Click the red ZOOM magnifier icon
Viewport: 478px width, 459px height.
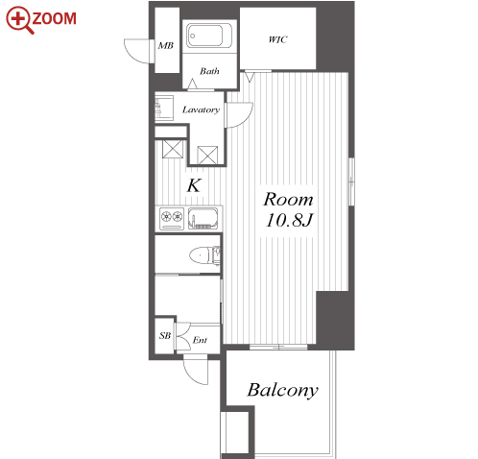[x=18, y=19]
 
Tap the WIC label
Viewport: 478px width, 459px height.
[x=277, y=39]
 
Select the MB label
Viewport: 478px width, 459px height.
[x=166, y=46]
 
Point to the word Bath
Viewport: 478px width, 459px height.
[x=209, y=71]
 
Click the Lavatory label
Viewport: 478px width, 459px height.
[x=201, y=109]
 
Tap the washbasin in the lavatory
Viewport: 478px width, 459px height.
[x=164, y=108]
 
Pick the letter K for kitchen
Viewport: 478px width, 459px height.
[x=194, y=185]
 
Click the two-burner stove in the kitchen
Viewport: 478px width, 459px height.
[x=172, y=219]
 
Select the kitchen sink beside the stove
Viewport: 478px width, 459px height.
[x=203, y=219]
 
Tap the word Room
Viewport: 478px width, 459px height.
[x=288, y=200]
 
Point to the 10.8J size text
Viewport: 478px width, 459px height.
[x=289, y=220]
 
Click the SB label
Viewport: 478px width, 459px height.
[x=165, y=336]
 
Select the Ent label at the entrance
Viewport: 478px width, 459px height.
[x=200, y=340]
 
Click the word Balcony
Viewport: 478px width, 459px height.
[x=282, y=391]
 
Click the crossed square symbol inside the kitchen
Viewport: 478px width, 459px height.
[x=173, y=149]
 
